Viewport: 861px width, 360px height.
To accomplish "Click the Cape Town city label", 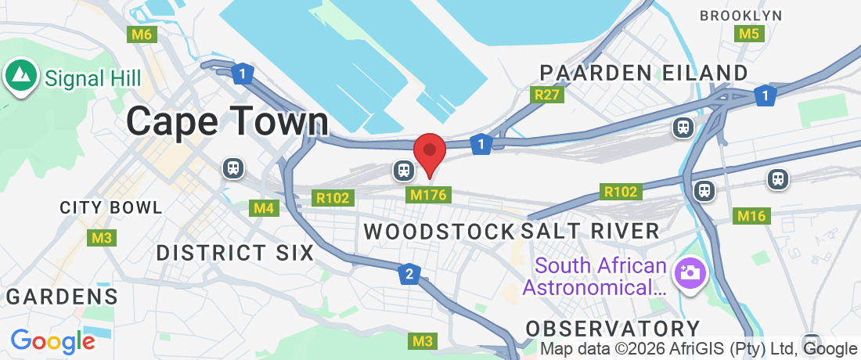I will [x=227, y=122].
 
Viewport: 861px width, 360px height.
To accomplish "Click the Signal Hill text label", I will [x=92, y=78].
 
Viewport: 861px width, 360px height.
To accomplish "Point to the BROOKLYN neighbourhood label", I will [x=740, y=15].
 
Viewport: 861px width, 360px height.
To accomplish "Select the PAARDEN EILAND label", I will [x=644, y=73].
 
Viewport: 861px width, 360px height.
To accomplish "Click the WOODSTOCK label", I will [x=440, y=231].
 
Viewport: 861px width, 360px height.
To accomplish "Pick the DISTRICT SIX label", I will [x=235, y=253].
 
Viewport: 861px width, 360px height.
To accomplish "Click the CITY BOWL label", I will [x=111, y=208].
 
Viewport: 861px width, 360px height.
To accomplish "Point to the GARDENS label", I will [x=63, y=297].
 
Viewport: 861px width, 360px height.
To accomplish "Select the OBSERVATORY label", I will [x=612, y=327].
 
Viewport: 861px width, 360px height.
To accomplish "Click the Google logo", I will [x=52, y=341].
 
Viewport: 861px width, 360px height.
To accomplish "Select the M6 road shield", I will [x=142, y=34].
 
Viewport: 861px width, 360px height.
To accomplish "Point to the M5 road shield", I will [x=749, y=34].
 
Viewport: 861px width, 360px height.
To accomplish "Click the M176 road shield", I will [x=428, y=193].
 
